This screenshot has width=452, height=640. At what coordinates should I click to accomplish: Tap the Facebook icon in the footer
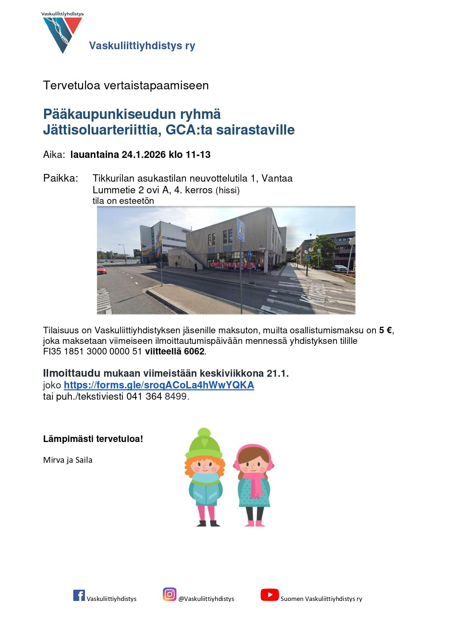coord(79,595)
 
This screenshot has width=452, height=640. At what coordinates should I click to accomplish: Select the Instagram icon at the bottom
coord(169,594)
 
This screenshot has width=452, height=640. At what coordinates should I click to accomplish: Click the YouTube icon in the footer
coord(269,595)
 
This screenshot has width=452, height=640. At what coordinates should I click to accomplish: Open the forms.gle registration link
coord(159,385)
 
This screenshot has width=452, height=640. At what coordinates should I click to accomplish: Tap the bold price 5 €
coord(386,330)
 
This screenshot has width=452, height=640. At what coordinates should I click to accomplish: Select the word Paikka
coord(61,178)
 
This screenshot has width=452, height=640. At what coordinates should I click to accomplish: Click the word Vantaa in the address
coord(277,178)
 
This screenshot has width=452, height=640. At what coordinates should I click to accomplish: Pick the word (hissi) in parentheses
coord(227,190)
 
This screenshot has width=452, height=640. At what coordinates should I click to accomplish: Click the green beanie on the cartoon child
coord(203,445)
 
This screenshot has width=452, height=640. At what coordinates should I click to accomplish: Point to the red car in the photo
coord(102,269)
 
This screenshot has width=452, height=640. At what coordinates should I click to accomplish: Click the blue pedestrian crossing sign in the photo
coord(241,229)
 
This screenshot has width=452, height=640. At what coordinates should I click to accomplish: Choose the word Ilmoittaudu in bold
coord(72,373)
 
